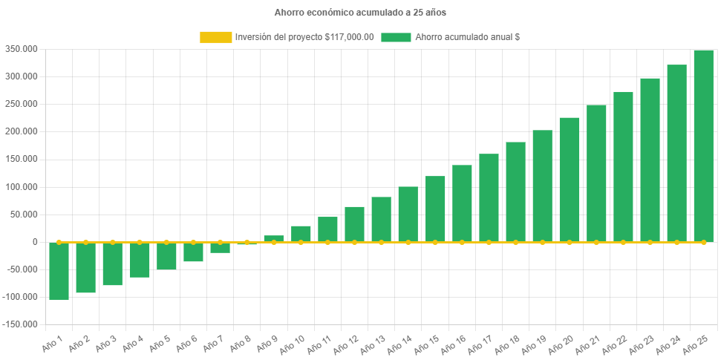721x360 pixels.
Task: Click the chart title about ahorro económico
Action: click(x=360, y=13)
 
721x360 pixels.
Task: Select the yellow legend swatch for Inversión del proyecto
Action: click(x=215, y=37)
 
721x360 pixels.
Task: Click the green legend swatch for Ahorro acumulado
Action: click(x=396, y=37)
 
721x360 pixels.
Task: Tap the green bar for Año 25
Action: click(x=703, y=145)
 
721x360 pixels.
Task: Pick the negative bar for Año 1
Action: click(x=59, y=271)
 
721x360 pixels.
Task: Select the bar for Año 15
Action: click(x=435, y=209)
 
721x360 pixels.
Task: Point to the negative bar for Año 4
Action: click(x=140, y=260)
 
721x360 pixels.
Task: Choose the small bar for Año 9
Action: click(x=274, y=238)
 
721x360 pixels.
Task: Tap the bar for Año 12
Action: click(x=354, y=224)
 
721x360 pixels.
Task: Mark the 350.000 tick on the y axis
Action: click(x=22, y=49)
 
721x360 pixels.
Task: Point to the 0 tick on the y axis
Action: click(x=35, y=242)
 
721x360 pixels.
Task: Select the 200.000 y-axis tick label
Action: click(x=22, y=131)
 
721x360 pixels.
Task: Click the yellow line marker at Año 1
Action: click(x=59, y=242)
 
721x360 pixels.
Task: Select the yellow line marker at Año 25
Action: click(x=703, y=242)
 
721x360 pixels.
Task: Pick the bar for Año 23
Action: click(x=650, y=160)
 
